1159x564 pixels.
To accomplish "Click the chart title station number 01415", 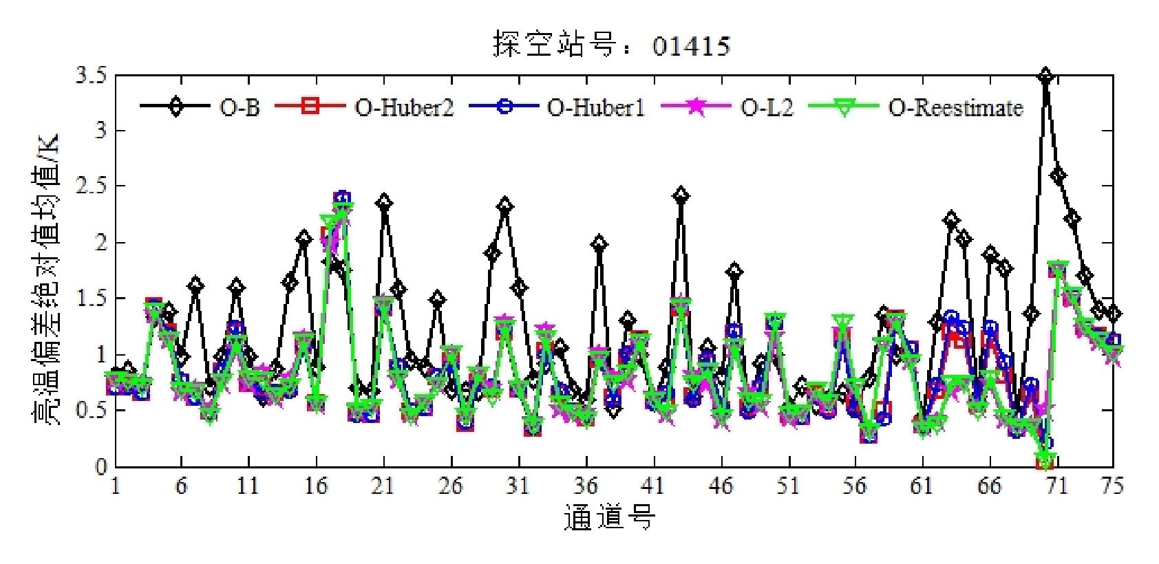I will pyautogui.click(x=690, y=46).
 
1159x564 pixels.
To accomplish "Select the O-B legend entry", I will pyautogui.click(x=240, y=107).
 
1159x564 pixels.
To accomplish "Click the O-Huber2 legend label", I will pyautogui.click(x=404, y=107).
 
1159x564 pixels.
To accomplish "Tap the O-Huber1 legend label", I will pyautogui.click(x=596, y=107).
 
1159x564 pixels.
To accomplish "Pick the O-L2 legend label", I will pyautogui.click(x=767, y=107).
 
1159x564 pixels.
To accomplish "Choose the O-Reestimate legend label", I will pyautogui.click(x=955, y=107).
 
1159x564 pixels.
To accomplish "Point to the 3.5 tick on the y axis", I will pyautogui.click(x=92, y=74).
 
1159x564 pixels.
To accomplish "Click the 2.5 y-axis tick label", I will pyautogui.click(x=92, y=186).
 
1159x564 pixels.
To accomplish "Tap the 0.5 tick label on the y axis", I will pyautogui.click(x=92, y=411).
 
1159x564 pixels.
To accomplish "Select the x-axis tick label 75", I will pyautogui.click(x=1112, y=486).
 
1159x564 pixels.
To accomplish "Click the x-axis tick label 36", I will pyautogui.click(x=585, y=486).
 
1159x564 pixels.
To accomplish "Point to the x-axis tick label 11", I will pyautogui.click(x=248, y=486).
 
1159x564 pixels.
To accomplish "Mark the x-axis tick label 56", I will pyautogui.click(x=854, y=486).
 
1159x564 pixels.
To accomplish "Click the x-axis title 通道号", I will pyautogui.click(x=610, y=517).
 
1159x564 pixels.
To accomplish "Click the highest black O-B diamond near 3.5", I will pyautogui.click(x=1045, y=76).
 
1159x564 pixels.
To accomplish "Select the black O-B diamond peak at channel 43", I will pyautogui.click(x=681, y=196).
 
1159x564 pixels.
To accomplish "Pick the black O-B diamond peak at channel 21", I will pyautogui.click(x=384, y=203).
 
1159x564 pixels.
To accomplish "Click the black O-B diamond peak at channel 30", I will pyautogui.click(x=505, y=206).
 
